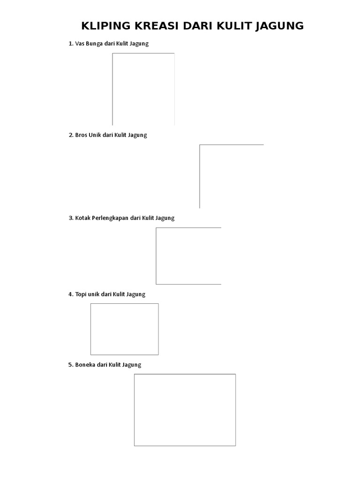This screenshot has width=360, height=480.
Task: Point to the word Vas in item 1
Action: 80,44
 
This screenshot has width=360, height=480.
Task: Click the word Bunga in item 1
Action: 94,44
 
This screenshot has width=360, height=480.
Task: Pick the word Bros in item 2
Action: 81,135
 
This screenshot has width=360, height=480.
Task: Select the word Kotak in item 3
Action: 82,218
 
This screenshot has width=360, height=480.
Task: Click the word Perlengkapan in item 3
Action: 110,218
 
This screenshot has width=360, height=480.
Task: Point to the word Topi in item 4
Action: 81,294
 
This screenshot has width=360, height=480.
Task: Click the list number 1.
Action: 71,44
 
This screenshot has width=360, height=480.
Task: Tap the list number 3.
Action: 71,218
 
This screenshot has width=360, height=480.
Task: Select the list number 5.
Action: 71,365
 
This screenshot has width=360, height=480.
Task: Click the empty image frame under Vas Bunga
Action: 112,89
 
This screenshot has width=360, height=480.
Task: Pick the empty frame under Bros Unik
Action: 200,176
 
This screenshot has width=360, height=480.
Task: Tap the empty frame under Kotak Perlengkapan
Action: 156,256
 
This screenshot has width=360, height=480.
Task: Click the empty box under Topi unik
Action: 90,329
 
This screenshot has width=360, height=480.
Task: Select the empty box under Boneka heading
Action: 134,410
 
